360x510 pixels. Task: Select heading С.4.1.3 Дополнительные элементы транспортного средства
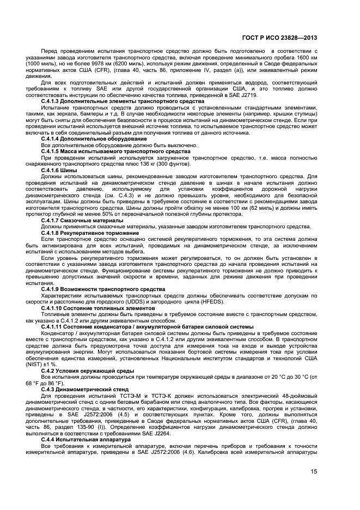click(x=123, y=101)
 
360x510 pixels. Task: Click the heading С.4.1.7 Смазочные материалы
click(x=82, y=220)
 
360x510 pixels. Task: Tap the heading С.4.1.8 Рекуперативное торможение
click(x=90, y=233)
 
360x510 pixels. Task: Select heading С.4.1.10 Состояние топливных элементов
click(x=98, y=308)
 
